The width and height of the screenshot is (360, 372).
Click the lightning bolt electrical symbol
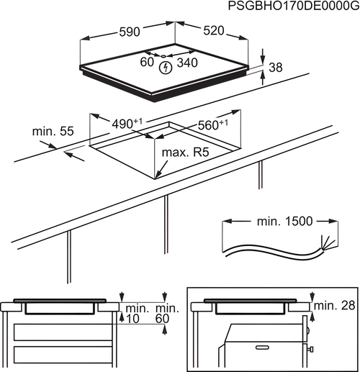(x=166, y=68)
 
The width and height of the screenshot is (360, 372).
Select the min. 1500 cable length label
(x=285, y=221)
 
